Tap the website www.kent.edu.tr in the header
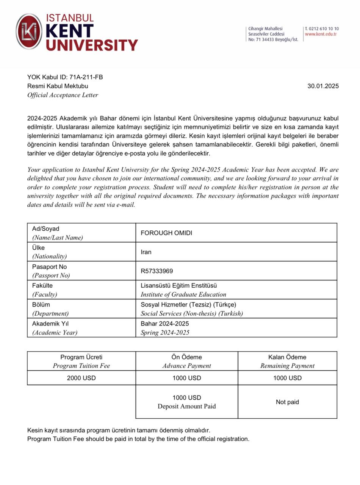tap(321, 34)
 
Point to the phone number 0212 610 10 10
tap(324, 29)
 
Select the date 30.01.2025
tap(323, 86)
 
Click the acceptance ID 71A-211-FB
tap(86, 77)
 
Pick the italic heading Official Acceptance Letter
tap(63, 95)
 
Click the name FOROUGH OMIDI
tap(166, 233)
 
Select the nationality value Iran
tap(146, 252)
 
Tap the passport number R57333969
tap(157, 271)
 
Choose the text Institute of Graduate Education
tap(183, 294)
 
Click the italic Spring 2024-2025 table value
tap(165, 333)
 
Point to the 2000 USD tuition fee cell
tap(81, 378)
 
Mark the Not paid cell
tap(287, 402)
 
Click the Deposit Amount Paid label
tap(187, 407)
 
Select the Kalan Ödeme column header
tap(287, 357)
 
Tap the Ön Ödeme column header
tap(187, 357)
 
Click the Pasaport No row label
tap(49, 267)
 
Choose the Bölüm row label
tap(41, 305)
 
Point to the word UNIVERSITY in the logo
tap(92, 45)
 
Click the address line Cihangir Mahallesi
tap(265, 29)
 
